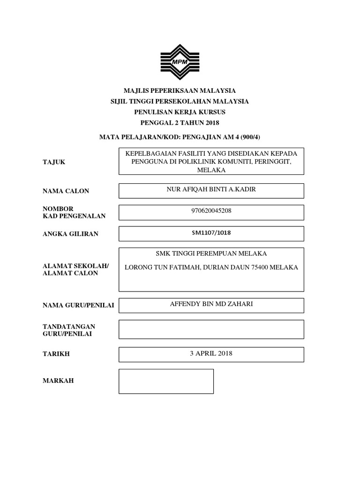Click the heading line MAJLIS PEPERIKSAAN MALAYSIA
click(x=180, y=90)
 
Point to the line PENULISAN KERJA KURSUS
click(x=180, y=112)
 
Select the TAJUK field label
click(x=54, y=162)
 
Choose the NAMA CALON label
click(x=66, y=191)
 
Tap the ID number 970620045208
click(x=211, y=211)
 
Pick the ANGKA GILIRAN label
click(x=70, y=233)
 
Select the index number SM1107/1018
click(x=211, y=232)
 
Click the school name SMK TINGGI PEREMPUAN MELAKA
click(x=211, y=254)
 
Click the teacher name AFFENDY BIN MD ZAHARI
click(x=211, y=304)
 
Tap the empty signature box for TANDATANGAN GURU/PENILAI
click(x=211, y=329)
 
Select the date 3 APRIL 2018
click(x=211, y=353)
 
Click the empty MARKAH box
click(x=166, y=381)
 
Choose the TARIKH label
click(x=56, y=354)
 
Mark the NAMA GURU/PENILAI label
click(x=78, y=306)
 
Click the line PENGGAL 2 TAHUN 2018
click(x=180, y=123)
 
